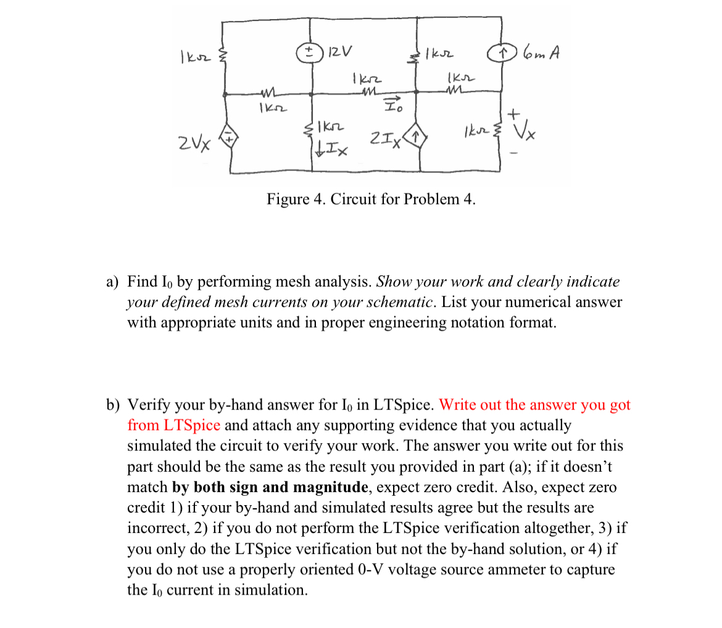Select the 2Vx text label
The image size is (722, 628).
[194, 144]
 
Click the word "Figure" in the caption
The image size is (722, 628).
[289, 199]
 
